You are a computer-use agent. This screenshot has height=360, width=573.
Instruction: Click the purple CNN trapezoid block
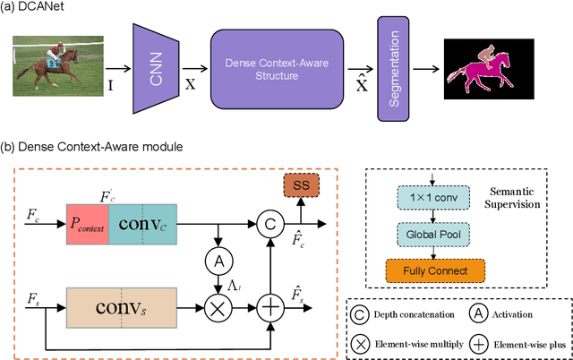tap(158, 68)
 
